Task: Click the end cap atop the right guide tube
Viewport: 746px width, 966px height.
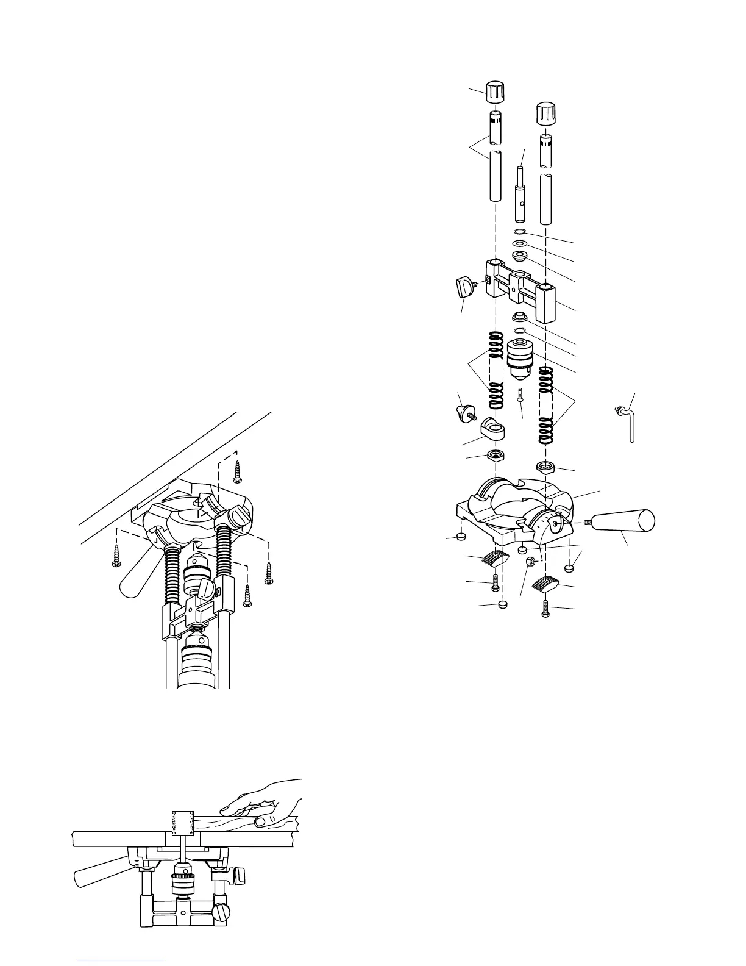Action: point(545,113)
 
